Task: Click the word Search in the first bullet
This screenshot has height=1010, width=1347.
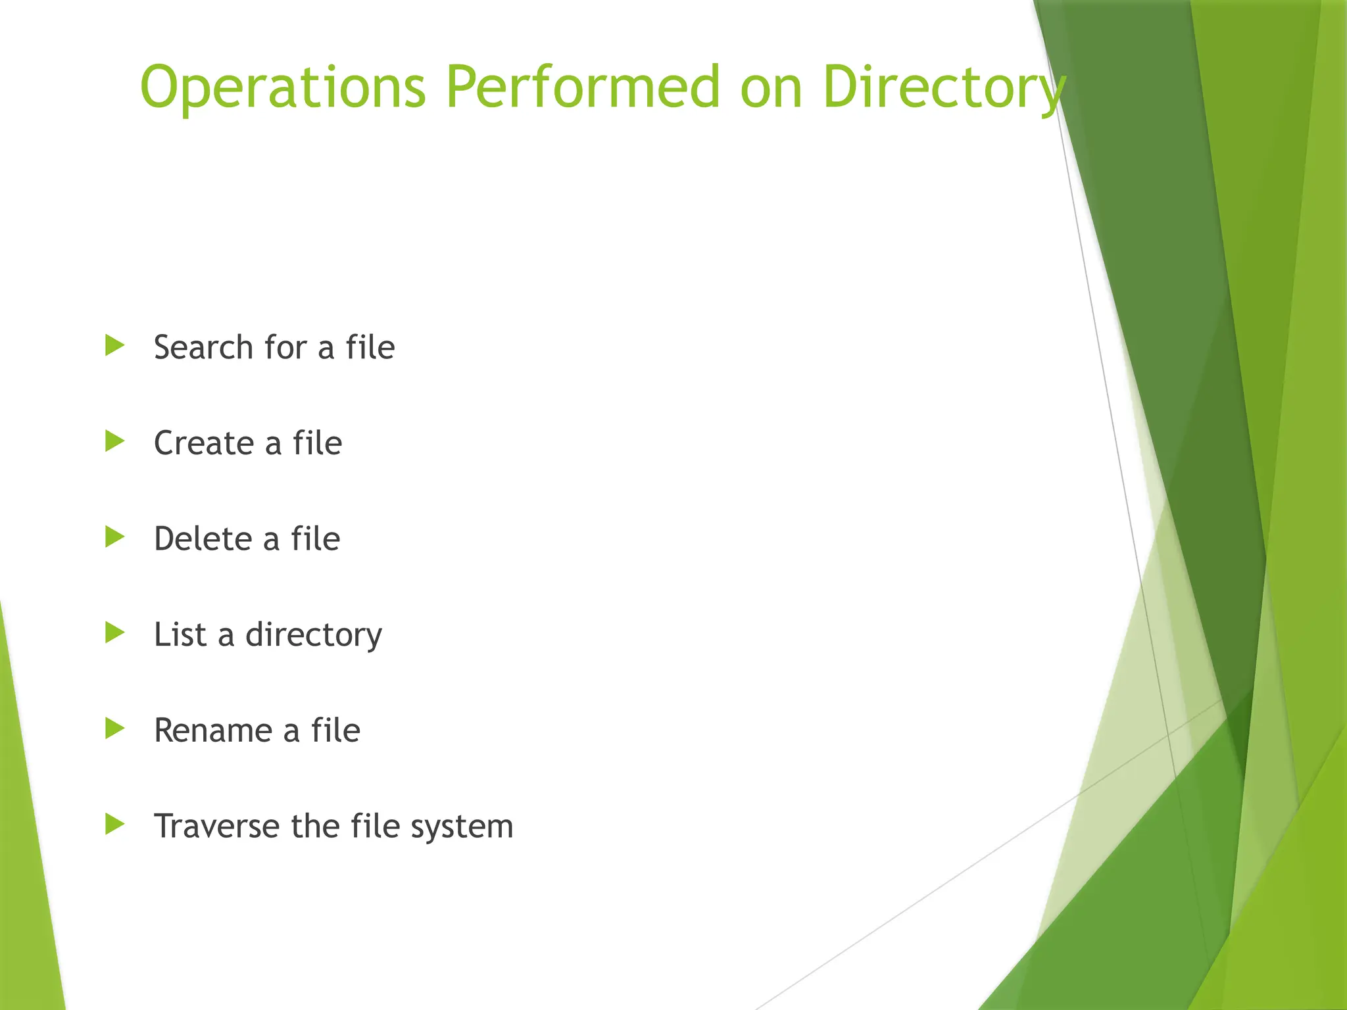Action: point(203,347)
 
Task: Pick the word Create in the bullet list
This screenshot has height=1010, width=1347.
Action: point(203,443)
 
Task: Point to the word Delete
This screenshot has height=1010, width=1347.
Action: point(203,539)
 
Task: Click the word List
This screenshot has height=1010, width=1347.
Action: point(180,635)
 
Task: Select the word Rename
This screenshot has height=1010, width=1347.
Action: point(212,731)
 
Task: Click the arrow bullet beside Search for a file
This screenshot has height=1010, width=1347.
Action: point(114,345)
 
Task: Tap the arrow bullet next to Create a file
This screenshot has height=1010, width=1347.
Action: point(114,441)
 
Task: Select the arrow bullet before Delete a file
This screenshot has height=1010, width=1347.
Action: point(114,537)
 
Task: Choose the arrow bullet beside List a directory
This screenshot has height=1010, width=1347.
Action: point(114,633)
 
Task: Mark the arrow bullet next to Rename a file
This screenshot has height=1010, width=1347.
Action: point(114,729)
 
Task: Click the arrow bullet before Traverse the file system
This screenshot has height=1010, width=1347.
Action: point(114,825)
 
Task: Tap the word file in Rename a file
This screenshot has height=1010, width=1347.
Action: point(335,730)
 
